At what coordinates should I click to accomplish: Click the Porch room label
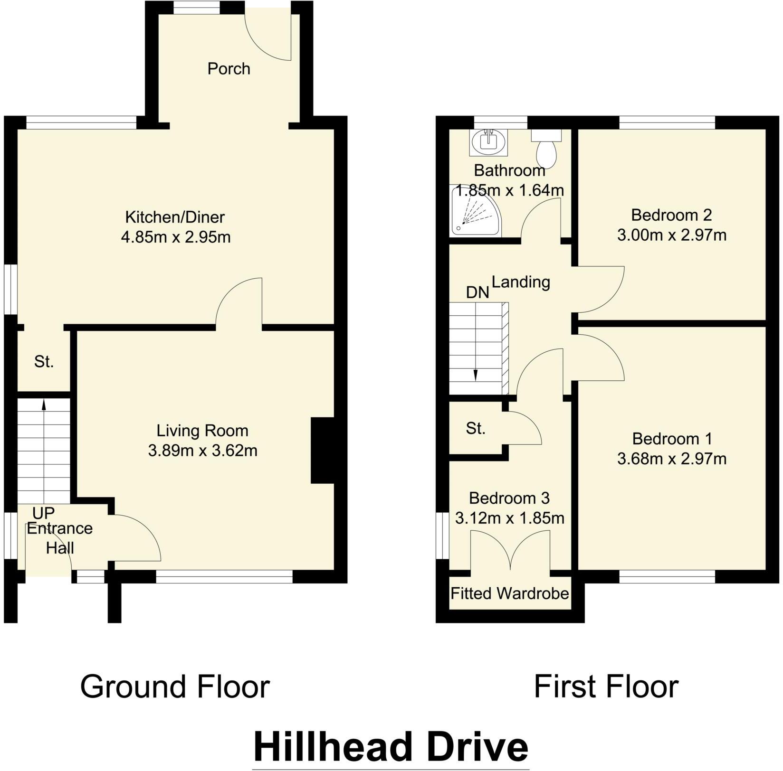click(x=229, y=69)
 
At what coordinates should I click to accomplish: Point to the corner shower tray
click(x=473, y=213)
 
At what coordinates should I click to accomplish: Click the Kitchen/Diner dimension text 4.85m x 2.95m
click(x=176, y=237)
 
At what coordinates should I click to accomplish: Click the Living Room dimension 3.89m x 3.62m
click(x=202, y=451)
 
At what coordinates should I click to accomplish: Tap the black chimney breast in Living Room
click(x=323, y=450)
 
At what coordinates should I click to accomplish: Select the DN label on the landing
click(x=477, y=292)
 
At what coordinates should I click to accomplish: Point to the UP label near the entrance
click(x=43, y=513)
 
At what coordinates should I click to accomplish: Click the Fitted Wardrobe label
click(x=509, y=593)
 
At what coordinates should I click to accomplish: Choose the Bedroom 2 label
click(x=671, y=215)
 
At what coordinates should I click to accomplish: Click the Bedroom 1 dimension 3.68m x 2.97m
click(x=671, y=459)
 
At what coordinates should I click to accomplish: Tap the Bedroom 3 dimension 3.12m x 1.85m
click(x=509, y=518)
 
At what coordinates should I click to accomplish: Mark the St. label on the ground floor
click(x=44, y=362)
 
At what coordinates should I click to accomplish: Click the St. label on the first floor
click(x=475, y=429)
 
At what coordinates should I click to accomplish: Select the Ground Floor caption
click(x=175, y=686)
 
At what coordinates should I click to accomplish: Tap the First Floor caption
click(x=606, y=686)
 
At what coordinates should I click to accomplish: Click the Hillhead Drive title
click(x=391, y=747)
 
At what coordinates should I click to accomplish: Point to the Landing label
click(x=521, y=282)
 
